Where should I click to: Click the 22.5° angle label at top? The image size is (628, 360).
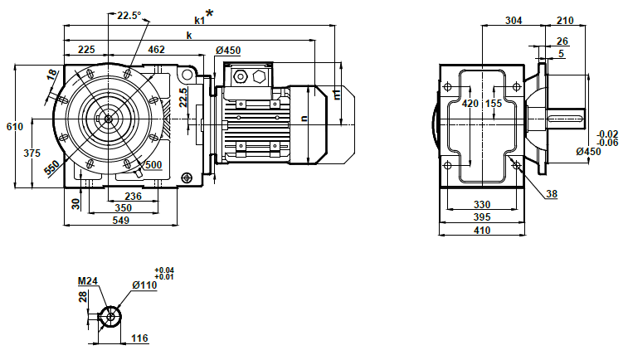point(129,15)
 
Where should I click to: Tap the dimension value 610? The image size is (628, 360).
point(14,127)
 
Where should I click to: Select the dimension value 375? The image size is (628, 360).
point(32,153)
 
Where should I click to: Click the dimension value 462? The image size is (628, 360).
point(156,51)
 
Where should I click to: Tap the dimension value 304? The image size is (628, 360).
point(514,22)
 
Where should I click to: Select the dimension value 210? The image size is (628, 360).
point(566,22)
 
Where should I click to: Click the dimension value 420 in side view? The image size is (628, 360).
point(470,104)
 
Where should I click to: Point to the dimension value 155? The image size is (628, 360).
point(494,104)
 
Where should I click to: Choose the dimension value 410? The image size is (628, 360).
point(481,230)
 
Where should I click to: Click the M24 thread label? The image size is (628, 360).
point(88,282)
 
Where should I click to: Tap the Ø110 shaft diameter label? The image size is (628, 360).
point(144,285)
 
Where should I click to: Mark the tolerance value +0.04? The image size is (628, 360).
point(164,270)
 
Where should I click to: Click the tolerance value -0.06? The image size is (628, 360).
point(608,142)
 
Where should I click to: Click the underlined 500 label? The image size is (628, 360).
point(153,164)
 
